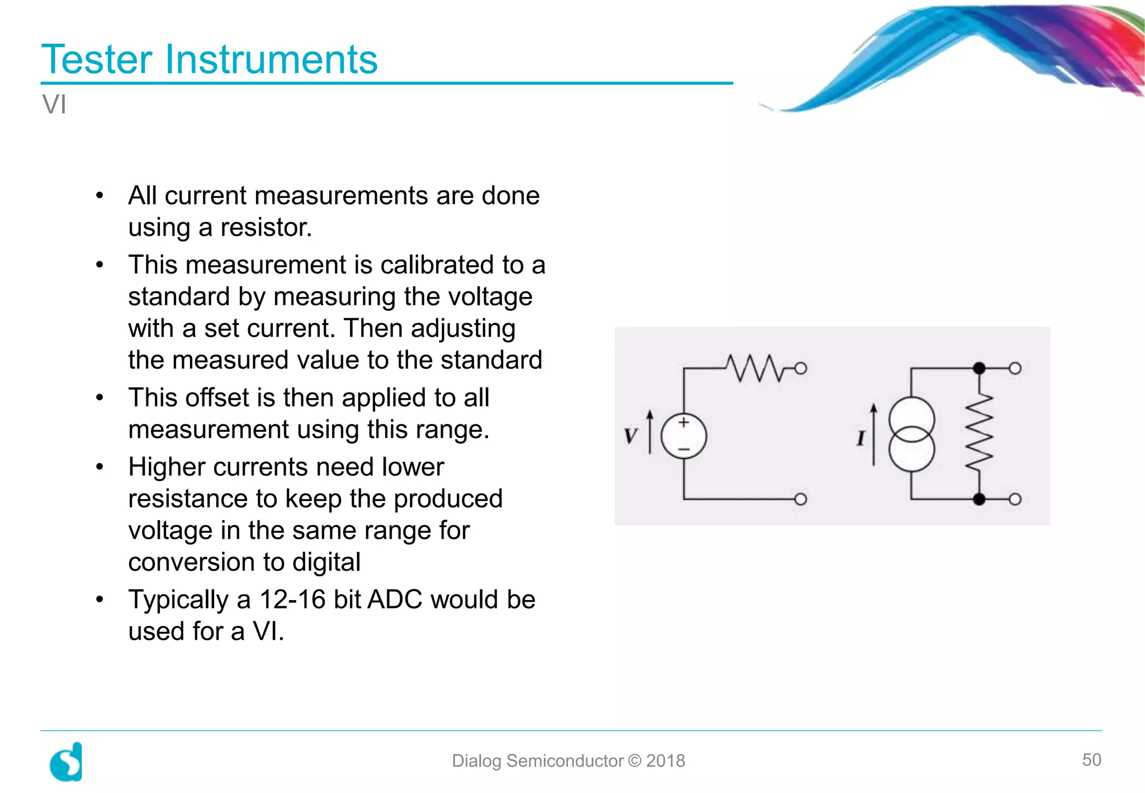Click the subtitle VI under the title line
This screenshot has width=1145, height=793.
click(x=54, y=105)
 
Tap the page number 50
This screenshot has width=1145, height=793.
click(x=1091, y=759)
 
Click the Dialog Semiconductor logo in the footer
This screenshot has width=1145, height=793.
click(x=67, y=762)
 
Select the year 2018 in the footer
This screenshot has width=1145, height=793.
click(x=665, y=761)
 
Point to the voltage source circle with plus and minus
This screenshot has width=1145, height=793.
click(x=684, y=436)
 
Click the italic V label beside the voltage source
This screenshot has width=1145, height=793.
click(x=631, y=436)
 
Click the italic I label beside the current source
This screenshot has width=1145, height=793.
click(x=860, y=438)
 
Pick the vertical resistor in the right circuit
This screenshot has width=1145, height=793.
click(x=979, y=433)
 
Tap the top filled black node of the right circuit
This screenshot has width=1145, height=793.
click(x=979, y=368)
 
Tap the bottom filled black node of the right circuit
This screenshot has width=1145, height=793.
click(x=979, y=499)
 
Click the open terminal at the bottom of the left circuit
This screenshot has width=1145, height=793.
click(x=801, y=499)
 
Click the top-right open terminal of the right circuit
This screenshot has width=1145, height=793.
click(x=1015, y=368)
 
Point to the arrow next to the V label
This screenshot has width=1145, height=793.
click(x=650, y=432)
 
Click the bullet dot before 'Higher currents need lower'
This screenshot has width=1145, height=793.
click(x=100, y=466)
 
